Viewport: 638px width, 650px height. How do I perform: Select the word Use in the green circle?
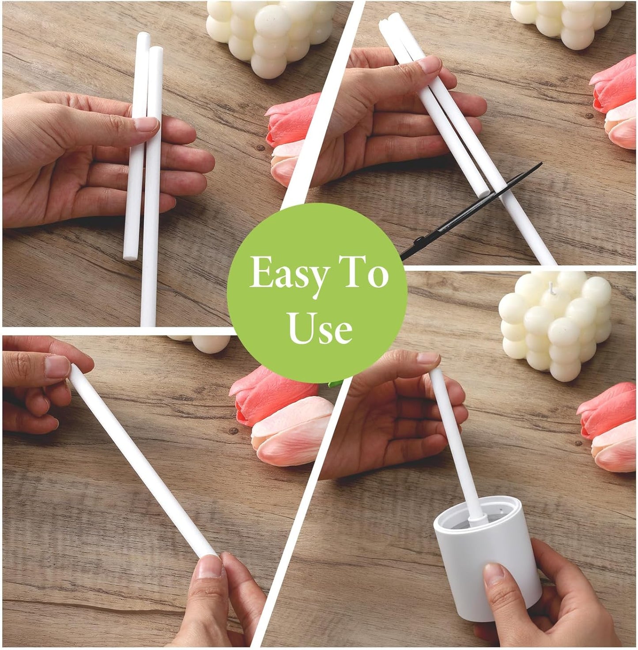pos(319,327)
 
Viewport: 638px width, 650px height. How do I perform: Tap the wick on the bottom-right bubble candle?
pos(552,287)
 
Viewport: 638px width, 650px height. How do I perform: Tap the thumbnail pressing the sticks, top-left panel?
pos(146,124)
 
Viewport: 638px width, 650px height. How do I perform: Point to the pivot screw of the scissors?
pos(419,240)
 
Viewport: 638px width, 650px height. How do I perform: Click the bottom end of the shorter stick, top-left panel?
pos(130,256)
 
